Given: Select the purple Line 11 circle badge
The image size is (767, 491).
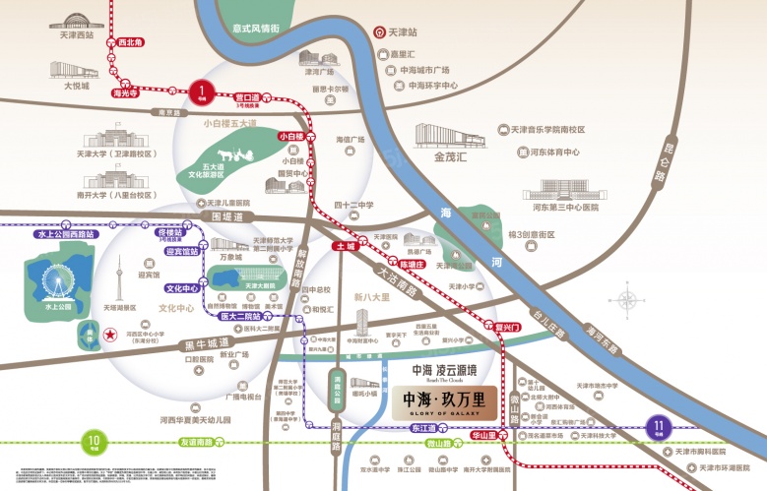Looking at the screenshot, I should [x=657, y=426].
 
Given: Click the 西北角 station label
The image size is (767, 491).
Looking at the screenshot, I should [x=130, y=42].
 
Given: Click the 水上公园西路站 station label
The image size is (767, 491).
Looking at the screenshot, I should [x=65, y=234].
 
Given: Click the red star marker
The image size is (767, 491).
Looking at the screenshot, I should [x=107, y=336].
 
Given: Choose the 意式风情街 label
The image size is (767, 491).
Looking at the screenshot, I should [x=253, y=29].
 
